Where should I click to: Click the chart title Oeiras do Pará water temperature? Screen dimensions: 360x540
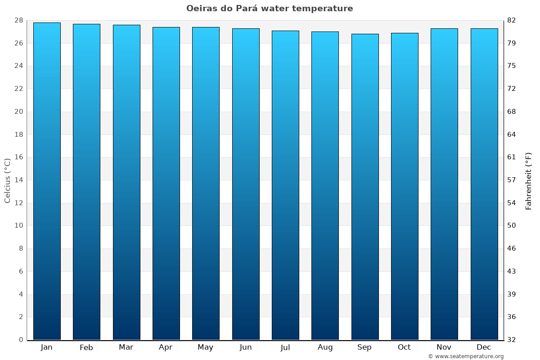pyautogui.click(x=270, y=9)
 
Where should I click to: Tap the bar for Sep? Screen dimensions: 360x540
pyautogui.click(x=365, y=187)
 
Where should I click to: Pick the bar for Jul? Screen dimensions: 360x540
pyautogui.click(x=285, y=185)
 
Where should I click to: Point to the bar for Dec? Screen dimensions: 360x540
pyautogui.click(x=484, y=184)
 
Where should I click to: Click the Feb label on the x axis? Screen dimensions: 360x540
pyautogui.click(x=86, y=347)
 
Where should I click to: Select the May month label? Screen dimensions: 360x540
pyautogui.click(x=206, y=347)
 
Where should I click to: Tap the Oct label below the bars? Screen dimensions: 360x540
pyautogui.click(x=404, y=347)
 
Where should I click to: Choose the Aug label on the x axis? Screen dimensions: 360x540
pyautogui.click(x=325, y=347)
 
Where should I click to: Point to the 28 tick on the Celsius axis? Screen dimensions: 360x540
pyautogui.click(x=18, y=20)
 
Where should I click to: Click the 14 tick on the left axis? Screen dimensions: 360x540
pyautogui.click(x=18, y=180)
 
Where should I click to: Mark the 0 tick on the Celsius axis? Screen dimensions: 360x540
pyautogui.click(x=21, y=340)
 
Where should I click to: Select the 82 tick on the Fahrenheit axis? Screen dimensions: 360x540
pyautogui.click(x=512, y=20)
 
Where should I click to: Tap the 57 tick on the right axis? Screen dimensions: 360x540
pyautogui.click(x=512, y=180)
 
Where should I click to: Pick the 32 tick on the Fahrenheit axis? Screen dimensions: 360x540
pyautogui.click(x=512, y=340)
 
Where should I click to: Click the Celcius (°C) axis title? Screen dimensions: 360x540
pyautogui.click(x=8, y=180)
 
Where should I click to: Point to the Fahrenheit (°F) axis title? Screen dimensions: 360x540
pyautogui.click(x=529, y=180)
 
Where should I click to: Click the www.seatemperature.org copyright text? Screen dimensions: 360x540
pyautogui.click(x=466, y=356)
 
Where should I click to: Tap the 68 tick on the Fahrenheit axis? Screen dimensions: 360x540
pyautogui.click(x=512, y=112)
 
